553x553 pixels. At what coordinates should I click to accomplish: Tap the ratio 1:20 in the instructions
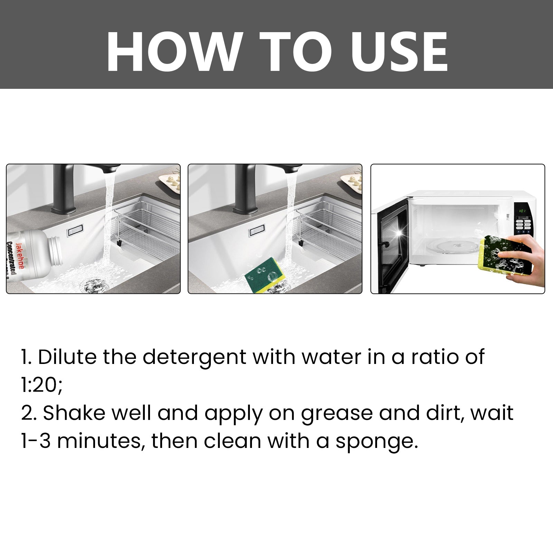tap(41, 385)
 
